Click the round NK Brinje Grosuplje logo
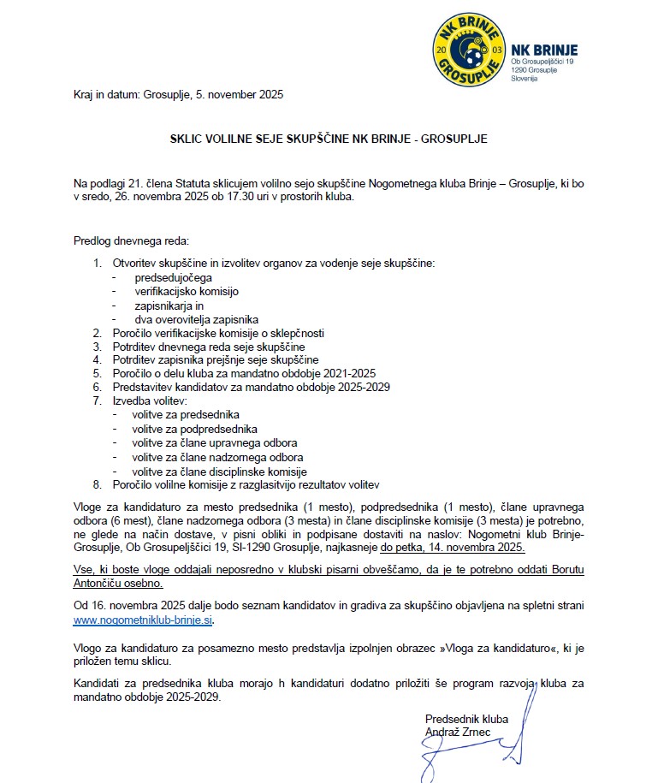tap(469, 50)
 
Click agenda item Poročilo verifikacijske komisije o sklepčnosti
tap(217, 332)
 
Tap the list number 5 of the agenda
tap(97, 374)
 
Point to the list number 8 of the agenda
tap(97, 484)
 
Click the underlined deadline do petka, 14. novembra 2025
tap(453, 546)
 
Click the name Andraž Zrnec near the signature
tap(459, 731)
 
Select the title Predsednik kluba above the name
tap(466, 718)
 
